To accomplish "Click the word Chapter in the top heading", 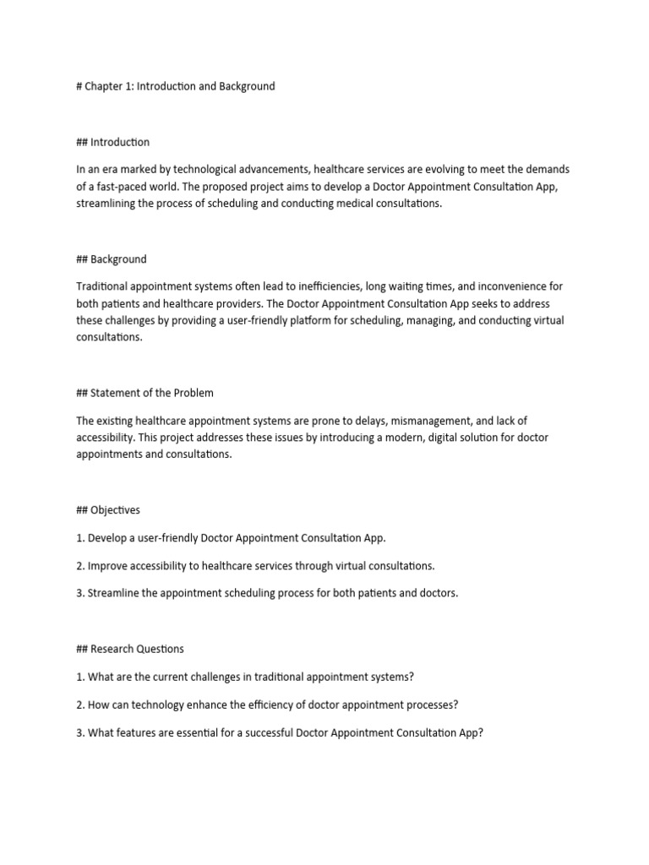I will pos(104,86).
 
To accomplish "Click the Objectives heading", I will pos(114,510).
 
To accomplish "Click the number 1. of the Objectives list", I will pos(80,538).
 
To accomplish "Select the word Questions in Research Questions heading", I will pos(159,649).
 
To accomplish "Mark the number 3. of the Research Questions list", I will pos(80,732).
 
